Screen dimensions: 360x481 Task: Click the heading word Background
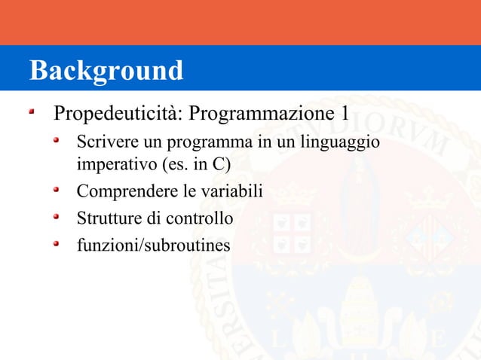(106, 71)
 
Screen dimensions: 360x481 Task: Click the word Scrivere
(103, 142)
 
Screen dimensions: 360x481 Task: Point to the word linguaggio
(340, 142)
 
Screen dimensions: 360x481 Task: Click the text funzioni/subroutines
(154, 246)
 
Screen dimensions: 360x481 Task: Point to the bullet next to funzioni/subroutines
(57, 243)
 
